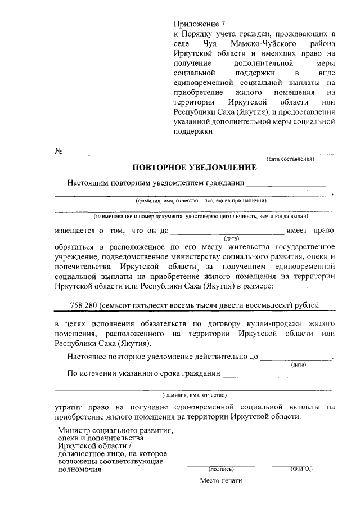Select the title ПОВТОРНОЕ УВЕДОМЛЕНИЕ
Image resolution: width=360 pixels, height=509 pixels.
click(194, 167)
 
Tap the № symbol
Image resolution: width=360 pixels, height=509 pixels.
click(58, 151)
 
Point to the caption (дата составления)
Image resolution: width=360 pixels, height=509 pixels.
click(290, 159)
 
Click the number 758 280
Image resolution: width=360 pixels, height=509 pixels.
click(84, 305)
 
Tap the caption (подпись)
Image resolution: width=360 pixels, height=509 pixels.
click(221, 468)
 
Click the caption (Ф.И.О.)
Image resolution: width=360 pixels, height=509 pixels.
click(301, 468)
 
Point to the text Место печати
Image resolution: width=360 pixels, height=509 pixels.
click(219, 481)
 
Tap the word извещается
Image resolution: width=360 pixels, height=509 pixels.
click(74, 231)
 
